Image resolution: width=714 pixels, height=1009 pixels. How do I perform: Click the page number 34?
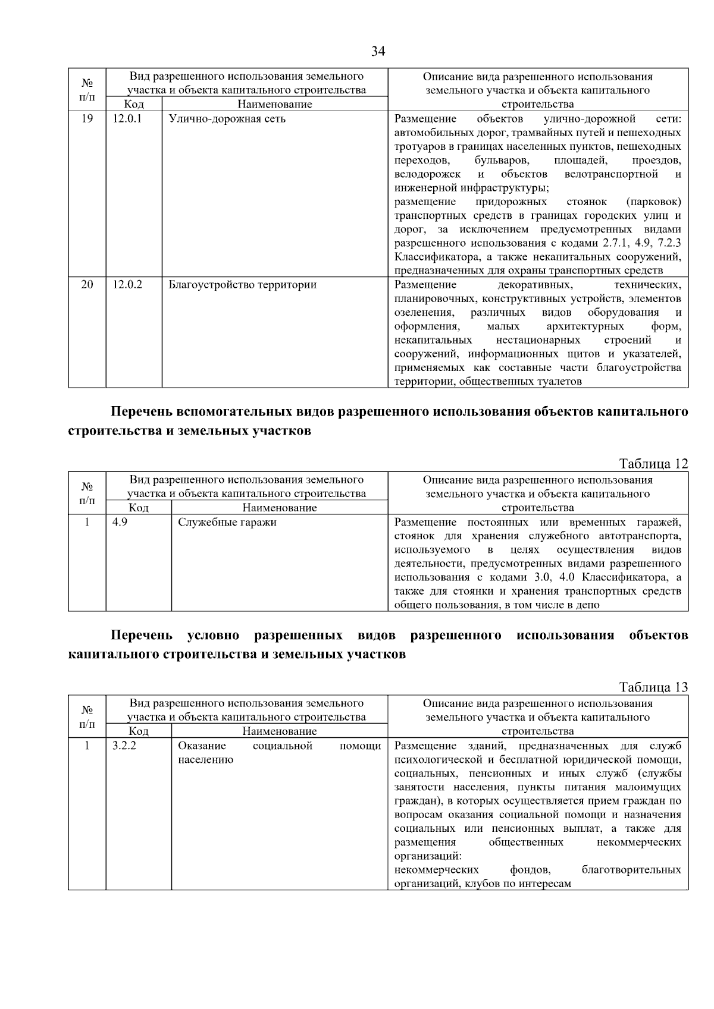(x=378, y=52)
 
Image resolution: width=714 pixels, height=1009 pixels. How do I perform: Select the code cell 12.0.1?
(x=127, y=119)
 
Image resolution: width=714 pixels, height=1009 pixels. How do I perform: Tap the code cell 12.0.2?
(x=127, y=285)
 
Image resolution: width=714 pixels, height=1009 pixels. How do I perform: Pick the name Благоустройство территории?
(x=243, y=285)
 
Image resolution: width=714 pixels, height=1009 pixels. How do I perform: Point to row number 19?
(x=87, y=119)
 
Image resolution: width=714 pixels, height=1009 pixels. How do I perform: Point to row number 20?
(x=87, y=285)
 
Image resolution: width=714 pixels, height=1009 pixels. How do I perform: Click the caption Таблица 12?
(x=653, y=464)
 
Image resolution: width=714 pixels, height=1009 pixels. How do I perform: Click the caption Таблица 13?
(x=653, y=687)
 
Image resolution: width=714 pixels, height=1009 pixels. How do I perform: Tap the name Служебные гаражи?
(x=227, y=523)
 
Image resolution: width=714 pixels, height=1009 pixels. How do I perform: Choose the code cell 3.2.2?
(x=124, y=746)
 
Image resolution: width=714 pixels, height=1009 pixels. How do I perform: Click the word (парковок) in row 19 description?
(x=653, y=202)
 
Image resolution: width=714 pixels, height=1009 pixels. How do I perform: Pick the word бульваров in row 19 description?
(x=502, y=161)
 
